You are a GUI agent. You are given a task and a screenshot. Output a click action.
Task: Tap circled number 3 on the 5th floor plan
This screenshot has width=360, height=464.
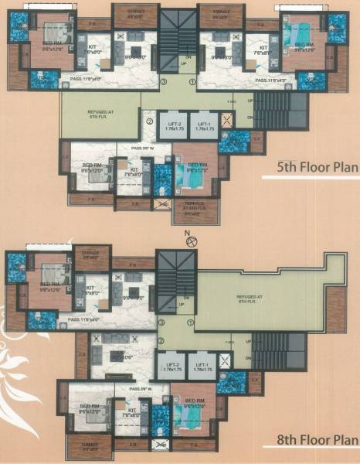point(163,81)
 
